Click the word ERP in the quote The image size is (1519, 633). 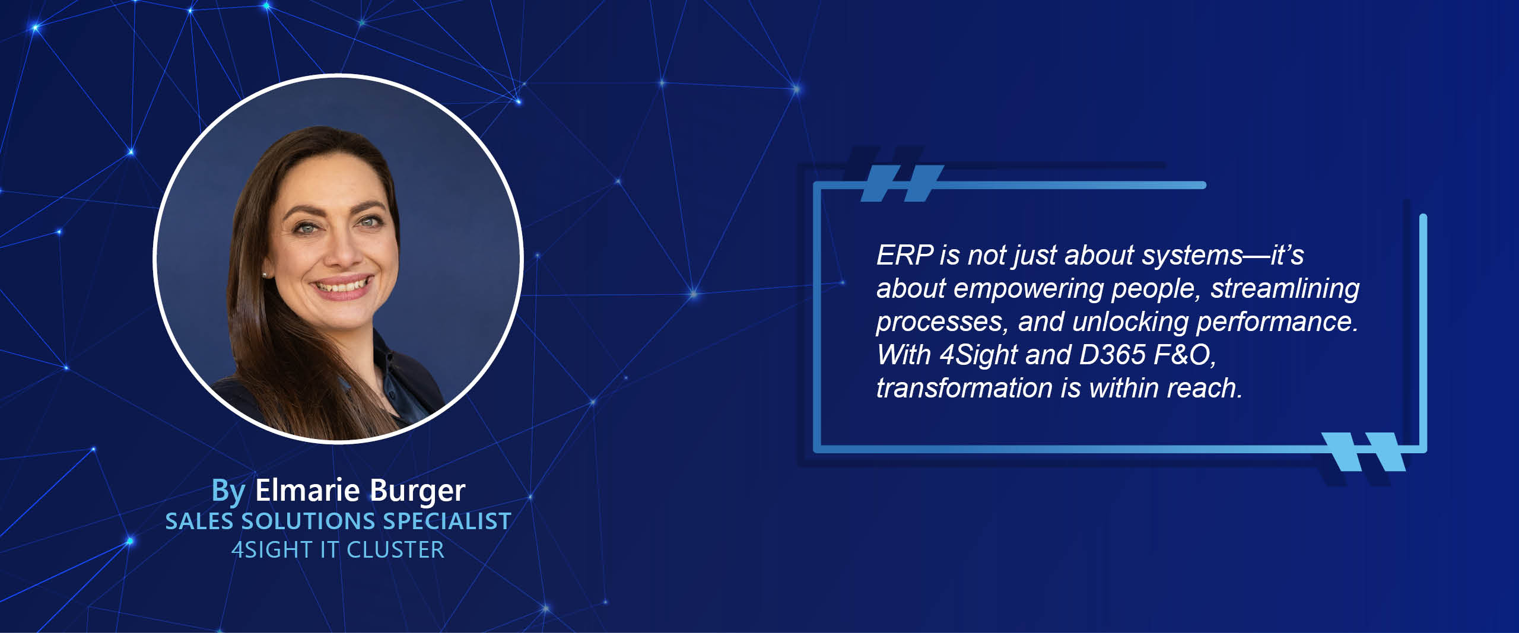(x=905, y=256)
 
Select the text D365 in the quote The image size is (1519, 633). (x=1112, y=355)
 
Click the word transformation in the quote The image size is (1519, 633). (x=964, y=388)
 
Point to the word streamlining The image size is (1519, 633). (x=1285, y=289)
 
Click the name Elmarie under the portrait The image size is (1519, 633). (x=307, y=490)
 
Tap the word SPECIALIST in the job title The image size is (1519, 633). (x=447, y=521)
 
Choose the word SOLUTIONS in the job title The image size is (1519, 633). (x=308, y=521)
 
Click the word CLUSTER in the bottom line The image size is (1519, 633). (x=395, y=551)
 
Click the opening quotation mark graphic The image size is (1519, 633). (x=902, y=184)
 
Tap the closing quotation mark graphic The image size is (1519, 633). (x=1364, y=452)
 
